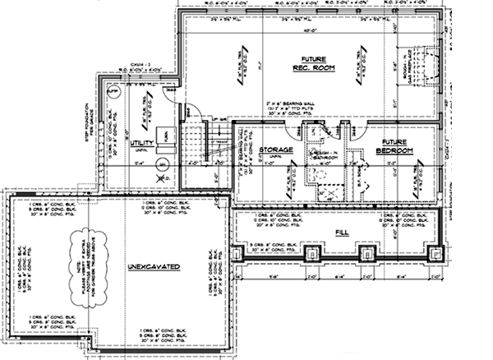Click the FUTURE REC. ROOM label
[312, 63]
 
